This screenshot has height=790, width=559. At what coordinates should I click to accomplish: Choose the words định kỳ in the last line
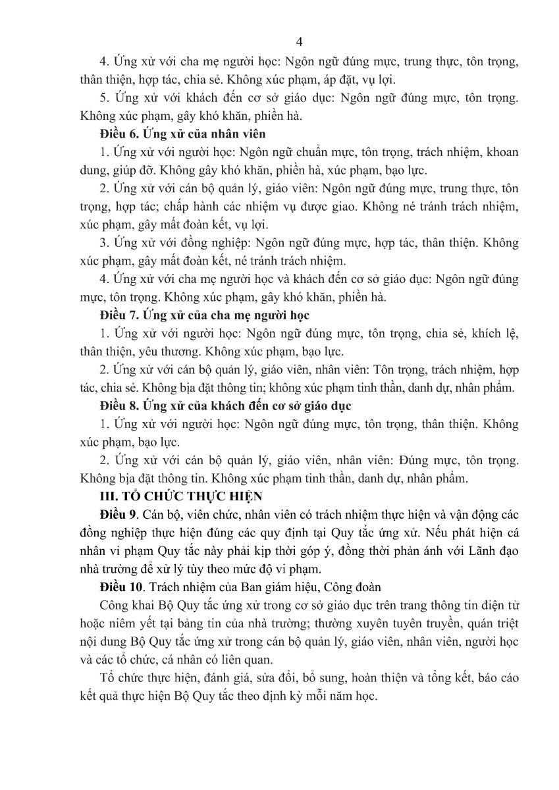(x=283, y=696)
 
